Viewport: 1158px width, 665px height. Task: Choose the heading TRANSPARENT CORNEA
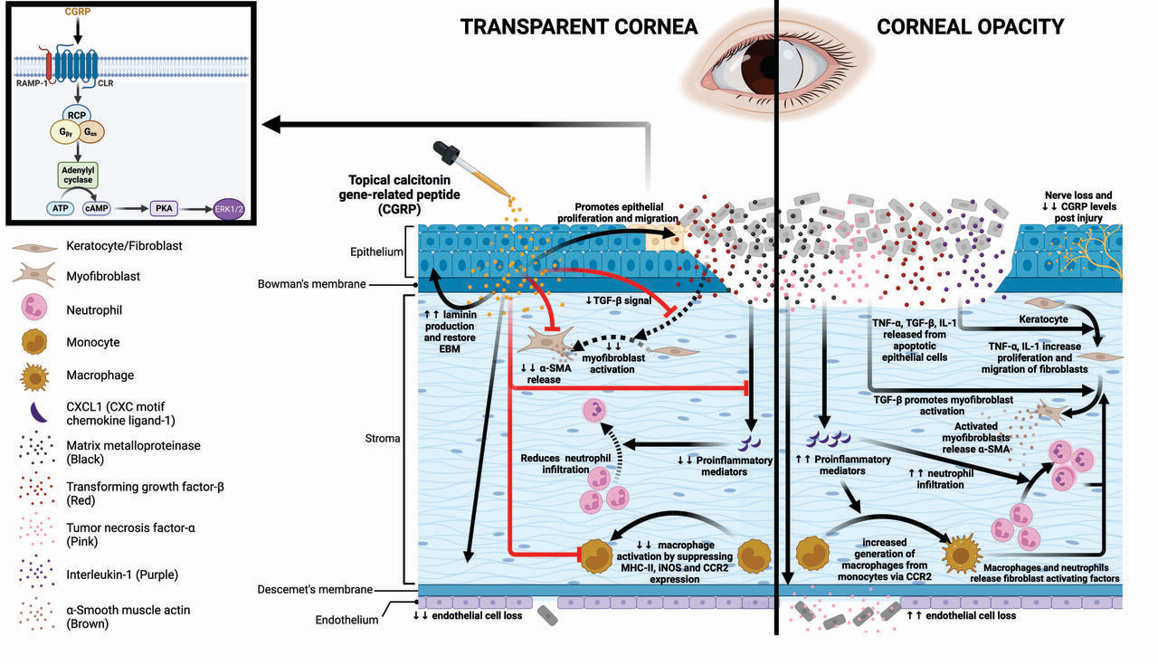(579, 26)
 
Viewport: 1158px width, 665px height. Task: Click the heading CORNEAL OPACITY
(970, 26)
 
